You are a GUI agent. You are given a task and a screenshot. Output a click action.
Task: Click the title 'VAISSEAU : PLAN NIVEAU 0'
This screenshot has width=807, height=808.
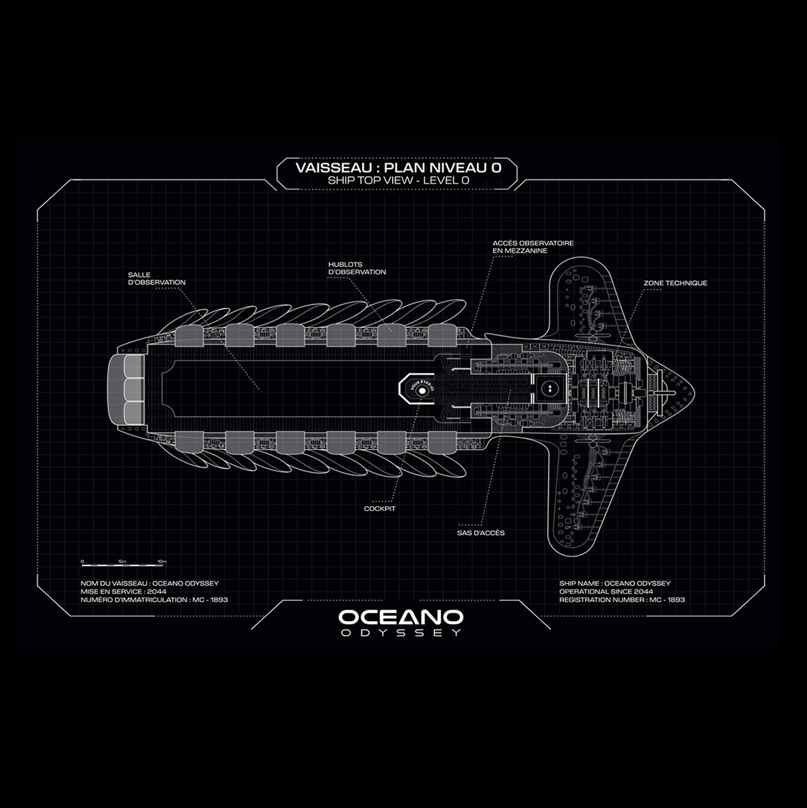(x=397, y=167)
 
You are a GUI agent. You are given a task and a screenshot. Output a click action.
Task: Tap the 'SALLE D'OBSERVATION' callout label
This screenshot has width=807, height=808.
(x=157, y=278)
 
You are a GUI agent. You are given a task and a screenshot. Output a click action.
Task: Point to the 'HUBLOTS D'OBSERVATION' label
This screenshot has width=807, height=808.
(x=357, y=268)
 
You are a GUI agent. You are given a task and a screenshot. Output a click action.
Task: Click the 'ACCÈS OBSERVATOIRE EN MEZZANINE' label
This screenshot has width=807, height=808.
(x=533, y=247)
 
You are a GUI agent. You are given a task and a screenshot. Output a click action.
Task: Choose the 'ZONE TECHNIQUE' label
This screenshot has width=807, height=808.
(x=675, y=284)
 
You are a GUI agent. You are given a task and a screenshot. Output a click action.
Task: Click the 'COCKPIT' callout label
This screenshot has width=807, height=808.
(x=379, y=509)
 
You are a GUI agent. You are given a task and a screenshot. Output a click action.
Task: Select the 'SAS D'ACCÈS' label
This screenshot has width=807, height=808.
(x=481, y=533)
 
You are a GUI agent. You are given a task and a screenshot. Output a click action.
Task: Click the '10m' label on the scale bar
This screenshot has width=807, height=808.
(x=161, y=561)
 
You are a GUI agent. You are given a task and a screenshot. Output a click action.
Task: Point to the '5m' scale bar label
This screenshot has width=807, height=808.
(x=122, y=561)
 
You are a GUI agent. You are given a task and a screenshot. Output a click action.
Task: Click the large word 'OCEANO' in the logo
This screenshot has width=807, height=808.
(x=401, y=617)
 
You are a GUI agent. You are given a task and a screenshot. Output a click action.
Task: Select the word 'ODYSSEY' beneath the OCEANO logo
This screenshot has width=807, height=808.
(x=401, y=633)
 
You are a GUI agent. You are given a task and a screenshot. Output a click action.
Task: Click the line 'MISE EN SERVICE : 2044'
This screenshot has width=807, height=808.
(x=123, y=592)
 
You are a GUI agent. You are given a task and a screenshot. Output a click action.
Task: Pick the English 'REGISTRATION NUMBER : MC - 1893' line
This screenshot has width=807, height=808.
(x=621, y=600)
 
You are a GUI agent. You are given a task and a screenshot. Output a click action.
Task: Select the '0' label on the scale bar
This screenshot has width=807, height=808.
(x=82, y=561)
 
